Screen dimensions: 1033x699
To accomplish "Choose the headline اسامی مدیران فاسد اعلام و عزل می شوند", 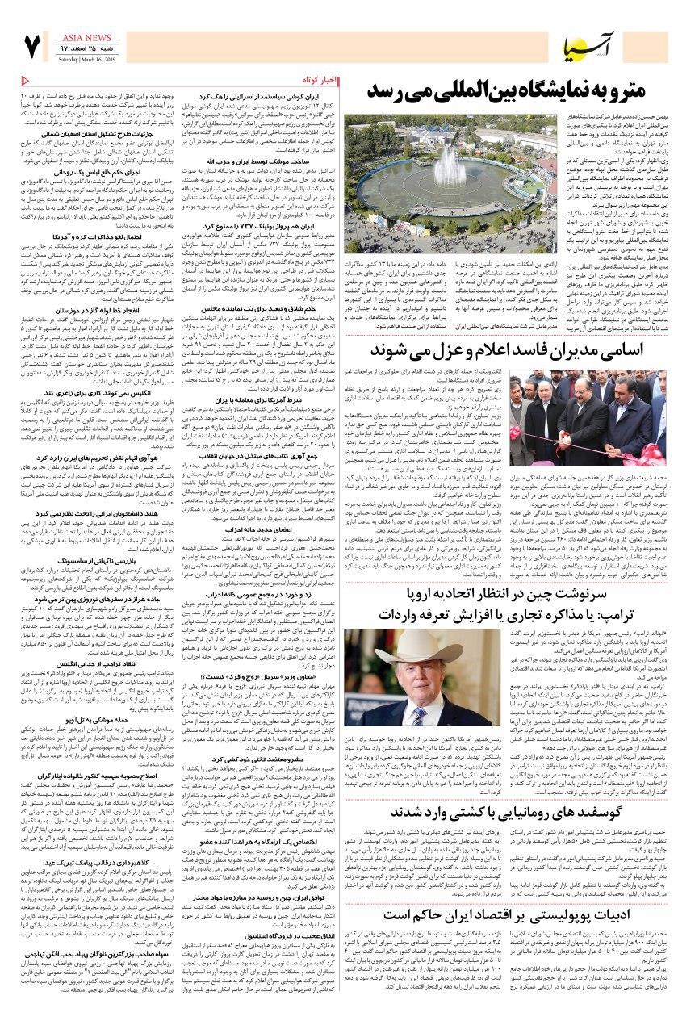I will coord(517,349).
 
